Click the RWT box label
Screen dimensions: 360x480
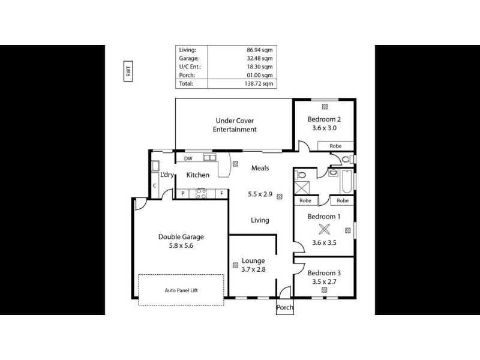tap(128, 72)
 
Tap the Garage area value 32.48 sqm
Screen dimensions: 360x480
tap(259, 59)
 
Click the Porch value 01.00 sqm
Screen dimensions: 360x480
tap(259, 76)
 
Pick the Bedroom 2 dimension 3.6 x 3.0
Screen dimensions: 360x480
tap(325, 127)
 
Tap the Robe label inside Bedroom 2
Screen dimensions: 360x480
tap(335, 146)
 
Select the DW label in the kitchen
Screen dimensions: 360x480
tap(188, 159)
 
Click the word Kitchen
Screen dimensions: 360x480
tap(197, 175)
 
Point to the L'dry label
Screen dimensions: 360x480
tap(166, 175)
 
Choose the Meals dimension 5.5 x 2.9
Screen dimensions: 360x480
tap(260, 194)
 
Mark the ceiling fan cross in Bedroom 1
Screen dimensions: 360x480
tap(325, 229)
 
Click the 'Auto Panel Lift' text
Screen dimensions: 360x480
tap(182, 290)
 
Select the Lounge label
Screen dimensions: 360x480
tap(253, 261)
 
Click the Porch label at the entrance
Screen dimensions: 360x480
tap(285, 308)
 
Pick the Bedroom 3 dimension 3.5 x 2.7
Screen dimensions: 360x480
tap(324, 280)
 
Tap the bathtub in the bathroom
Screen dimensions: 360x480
tap(347, 180)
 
